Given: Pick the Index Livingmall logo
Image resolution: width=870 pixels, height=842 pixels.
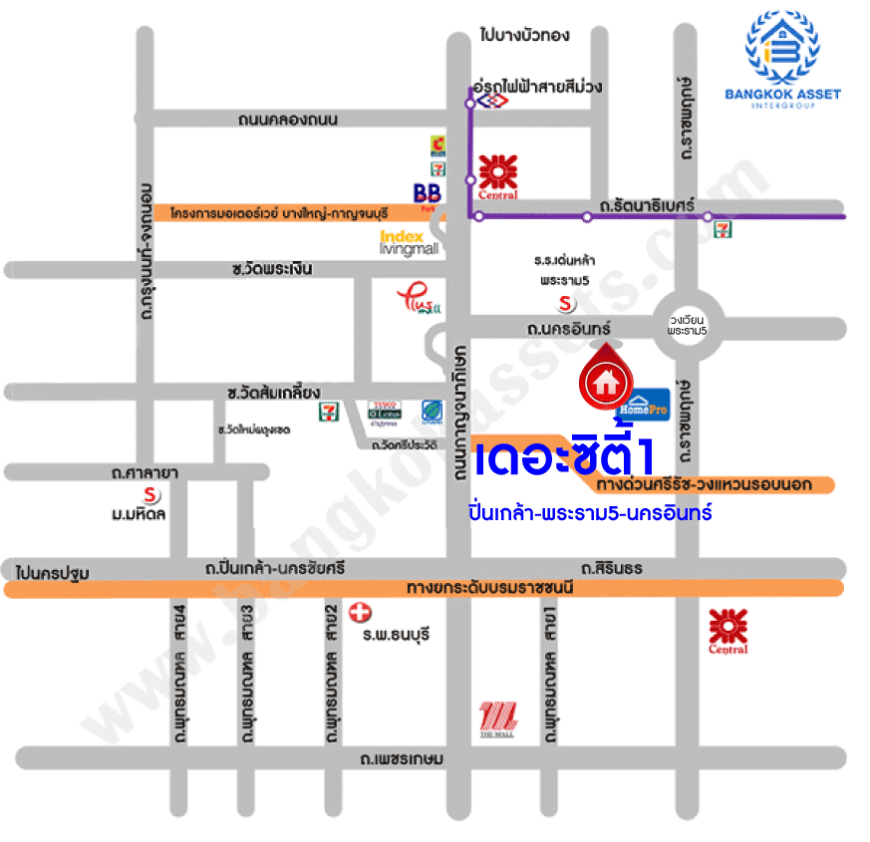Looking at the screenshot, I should tap(409, 242).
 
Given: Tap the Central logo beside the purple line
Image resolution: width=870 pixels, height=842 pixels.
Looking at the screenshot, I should tap(496, 176).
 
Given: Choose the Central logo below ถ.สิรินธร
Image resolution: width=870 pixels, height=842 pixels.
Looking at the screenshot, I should tap(727, 631).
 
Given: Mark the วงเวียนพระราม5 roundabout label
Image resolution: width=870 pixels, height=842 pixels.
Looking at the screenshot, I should tap(689, 323).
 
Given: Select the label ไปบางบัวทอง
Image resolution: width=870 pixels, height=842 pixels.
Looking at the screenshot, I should tap(524, 36).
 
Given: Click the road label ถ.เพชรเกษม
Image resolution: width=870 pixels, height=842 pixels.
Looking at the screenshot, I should tap(403, 759).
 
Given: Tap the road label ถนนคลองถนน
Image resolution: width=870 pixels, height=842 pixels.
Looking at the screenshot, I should tap(288, 120).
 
